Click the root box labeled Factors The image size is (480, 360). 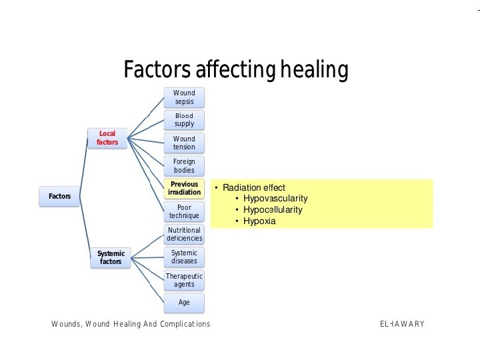(x=59, y=197)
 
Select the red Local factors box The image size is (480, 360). (x=107, y=138)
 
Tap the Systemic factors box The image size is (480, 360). (x=111, y=257)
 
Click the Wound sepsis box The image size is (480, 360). (x=184, y=97)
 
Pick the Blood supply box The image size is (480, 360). (x=184, y=120)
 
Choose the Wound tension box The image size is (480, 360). (x=184, y=143)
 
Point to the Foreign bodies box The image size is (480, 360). (x=184, y=165)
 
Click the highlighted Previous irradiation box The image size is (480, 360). (x=184, y=188)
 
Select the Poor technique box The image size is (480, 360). (x=184, y=211)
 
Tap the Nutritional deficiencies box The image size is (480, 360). (x=185, y=234)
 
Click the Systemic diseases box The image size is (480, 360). (x=184, y=257)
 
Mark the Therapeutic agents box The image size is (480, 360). (x=184, y=280)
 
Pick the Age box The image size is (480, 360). (x=184, y=302)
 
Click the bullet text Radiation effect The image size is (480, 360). (x=253, y=188)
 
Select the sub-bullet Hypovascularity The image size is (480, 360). (x=275, y=199)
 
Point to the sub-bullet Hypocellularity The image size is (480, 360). (x=273, y=210)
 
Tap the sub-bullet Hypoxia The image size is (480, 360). (x=259, y=221)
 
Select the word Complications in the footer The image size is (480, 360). (x=181, y=324)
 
